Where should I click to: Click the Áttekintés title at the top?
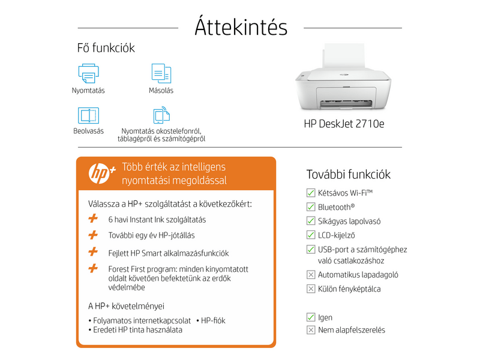241,28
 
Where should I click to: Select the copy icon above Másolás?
161,73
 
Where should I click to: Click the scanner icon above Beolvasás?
88,115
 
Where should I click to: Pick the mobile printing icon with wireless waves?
161,115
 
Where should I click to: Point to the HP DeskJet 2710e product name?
344,124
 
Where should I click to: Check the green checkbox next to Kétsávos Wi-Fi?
311,193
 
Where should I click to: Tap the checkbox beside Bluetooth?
311,206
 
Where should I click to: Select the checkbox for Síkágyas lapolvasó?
311,221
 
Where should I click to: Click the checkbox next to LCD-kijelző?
311,235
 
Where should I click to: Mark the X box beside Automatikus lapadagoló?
311,275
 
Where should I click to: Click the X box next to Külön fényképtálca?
311,289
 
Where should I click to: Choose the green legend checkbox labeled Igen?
311,317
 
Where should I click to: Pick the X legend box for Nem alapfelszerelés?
311,330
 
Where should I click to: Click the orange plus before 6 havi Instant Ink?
93,220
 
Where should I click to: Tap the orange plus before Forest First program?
93,269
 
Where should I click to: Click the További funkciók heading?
348,175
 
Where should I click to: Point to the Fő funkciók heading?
106,48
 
